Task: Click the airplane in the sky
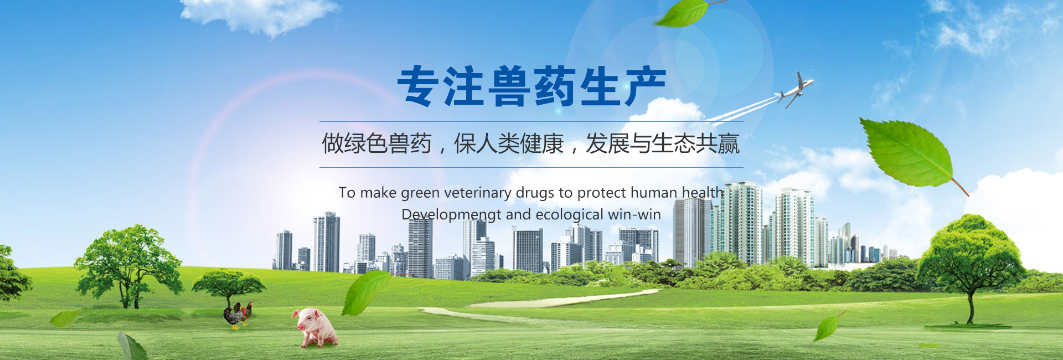(795, 89)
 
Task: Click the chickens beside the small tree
(238, 315)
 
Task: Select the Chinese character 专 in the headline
(418, 86)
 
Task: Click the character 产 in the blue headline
(645, 86)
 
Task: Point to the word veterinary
(478, 193)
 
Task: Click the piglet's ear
(296, 315)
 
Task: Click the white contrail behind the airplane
(742, 110)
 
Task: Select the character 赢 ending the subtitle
(729, 144)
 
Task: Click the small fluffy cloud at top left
(259, 15)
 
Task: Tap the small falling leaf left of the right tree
(829, 326)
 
